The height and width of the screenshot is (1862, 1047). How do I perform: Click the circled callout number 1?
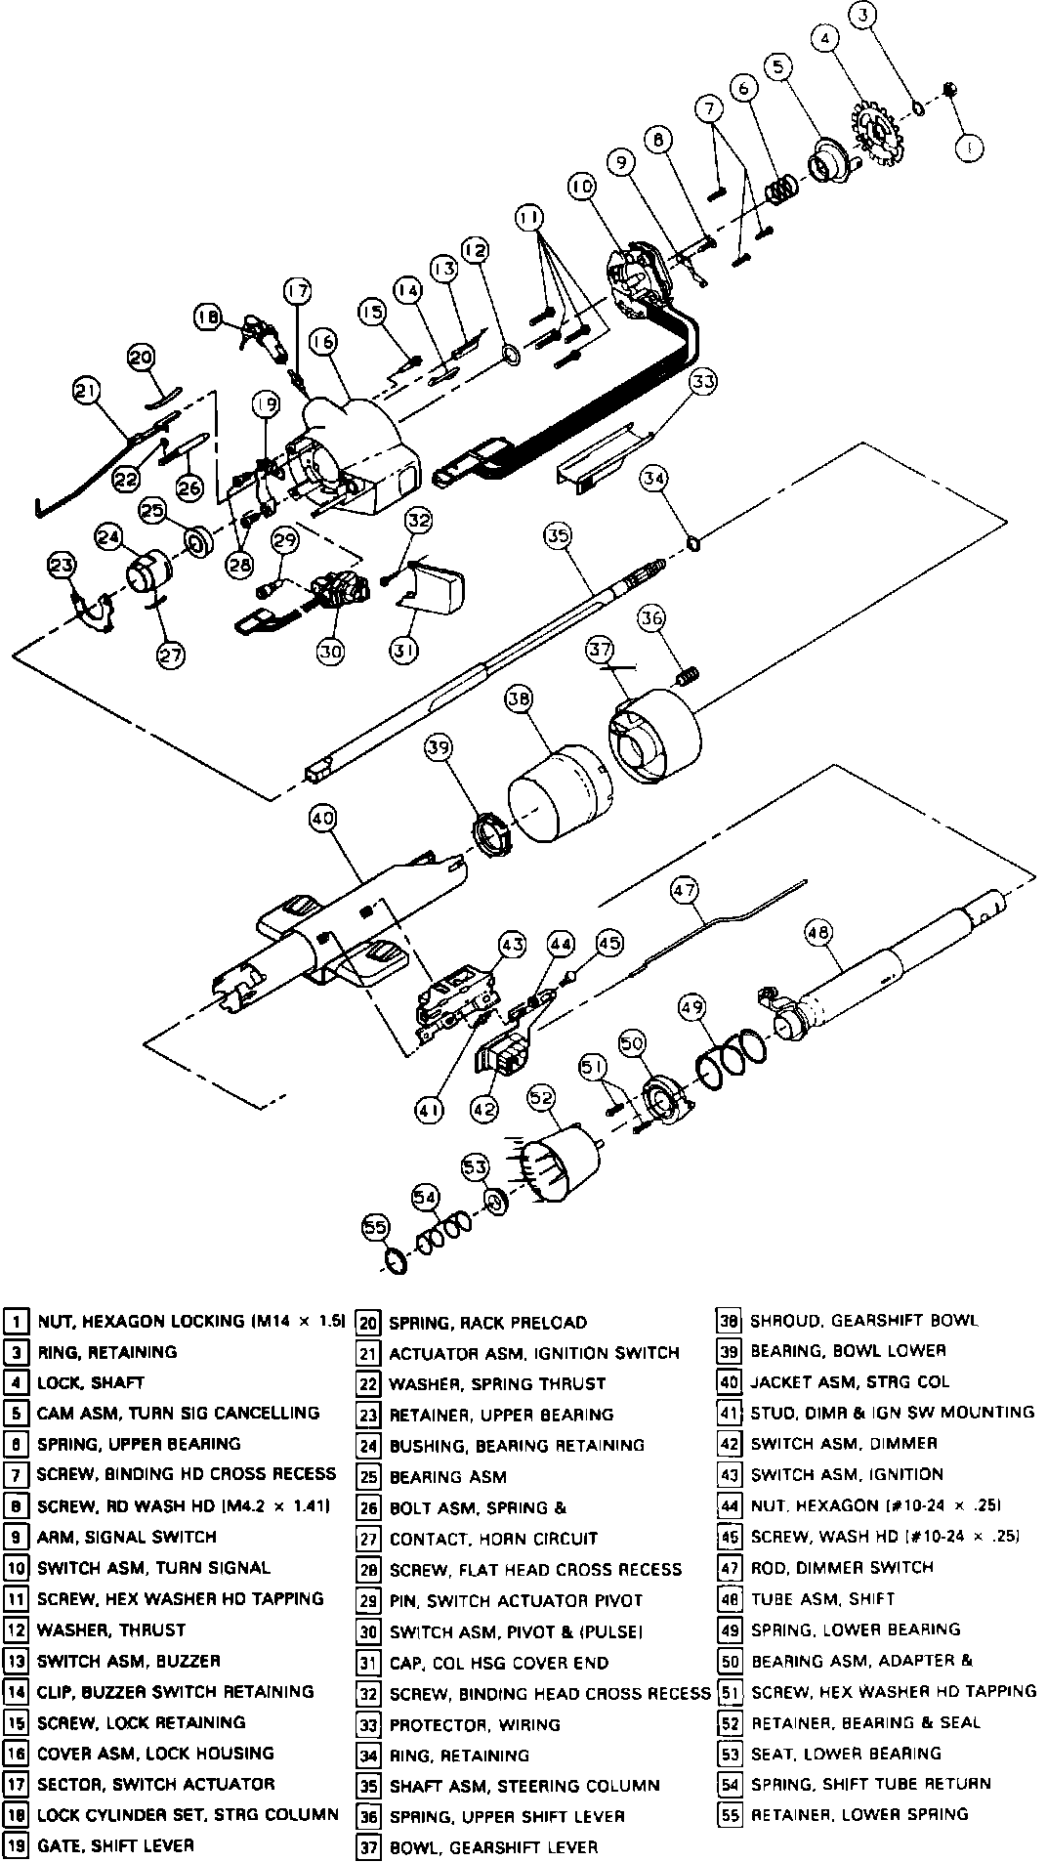969,148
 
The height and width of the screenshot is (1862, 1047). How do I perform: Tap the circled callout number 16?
322,341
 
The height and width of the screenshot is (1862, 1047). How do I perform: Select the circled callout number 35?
558,535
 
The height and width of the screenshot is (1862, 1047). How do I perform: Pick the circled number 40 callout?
323,818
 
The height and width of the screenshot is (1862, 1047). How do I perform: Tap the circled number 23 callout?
62,566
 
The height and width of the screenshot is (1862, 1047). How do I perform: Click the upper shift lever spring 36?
688,673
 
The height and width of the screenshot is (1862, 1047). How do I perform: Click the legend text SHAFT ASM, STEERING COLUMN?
524,1786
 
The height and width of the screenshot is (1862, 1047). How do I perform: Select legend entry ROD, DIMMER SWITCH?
842,1568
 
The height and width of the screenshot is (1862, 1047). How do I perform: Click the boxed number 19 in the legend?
16,1846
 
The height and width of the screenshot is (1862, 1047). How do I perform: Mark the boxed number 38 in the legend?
729,1322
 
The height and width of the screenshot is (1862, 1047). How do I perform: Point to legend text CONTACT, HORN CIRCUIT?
493,1539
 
